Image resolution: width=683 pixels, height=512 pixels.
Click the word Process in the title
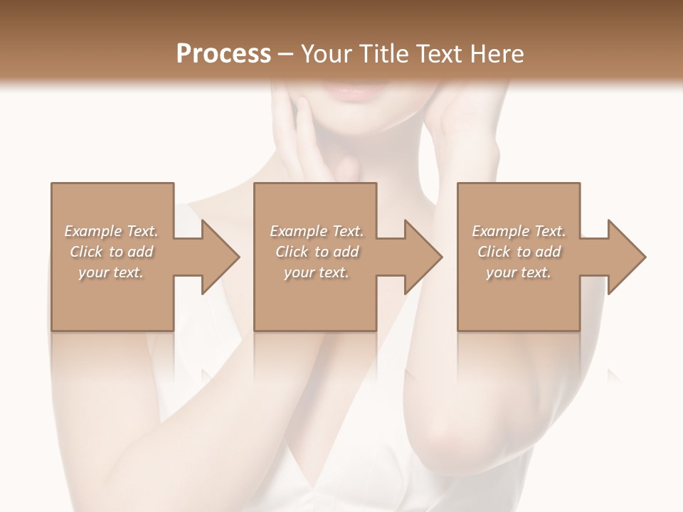[223, 54]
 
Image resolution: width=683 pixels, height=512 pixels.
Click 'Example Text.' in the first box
[111, 231]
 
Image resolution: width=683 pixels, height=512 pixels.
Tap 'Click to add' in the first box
[111, 252]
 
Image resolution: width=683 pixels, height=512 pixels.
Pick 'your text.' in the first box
[111, 272]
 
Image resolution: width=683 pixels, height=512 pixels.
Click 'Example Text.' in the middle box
[317, 231]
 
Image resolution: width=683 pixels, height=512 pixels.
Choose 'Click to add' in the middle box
[317, 252]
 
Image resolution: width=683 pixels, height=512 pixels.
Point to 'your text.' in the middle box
[317, 272]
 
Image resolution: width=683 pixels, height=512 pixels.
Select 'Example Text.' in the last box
[519, 231]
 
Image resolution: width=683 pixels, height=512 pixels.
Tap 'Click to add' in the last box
[519, 252]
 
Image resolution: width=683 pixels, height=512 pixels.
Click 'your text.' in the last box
[519, 272]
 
